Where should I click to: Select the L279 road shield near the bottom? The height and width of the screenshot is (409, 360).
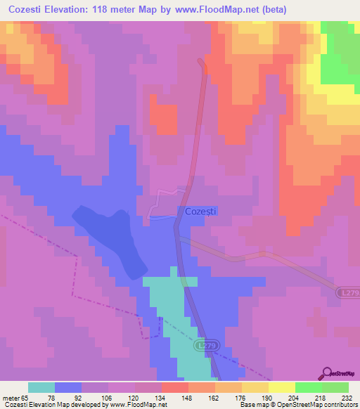click(205, 346)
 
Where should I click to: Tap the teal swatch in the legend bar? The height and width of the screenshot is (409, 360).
click(41, 387)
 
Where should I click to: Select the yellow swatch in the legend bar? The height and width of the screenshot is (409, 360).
click(282, 387)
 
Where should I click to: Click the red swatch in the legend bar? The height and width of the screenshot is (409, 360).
click(175, 387)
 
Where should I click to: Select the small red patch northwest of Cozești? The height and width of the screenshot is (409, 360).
click(165, 118)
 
